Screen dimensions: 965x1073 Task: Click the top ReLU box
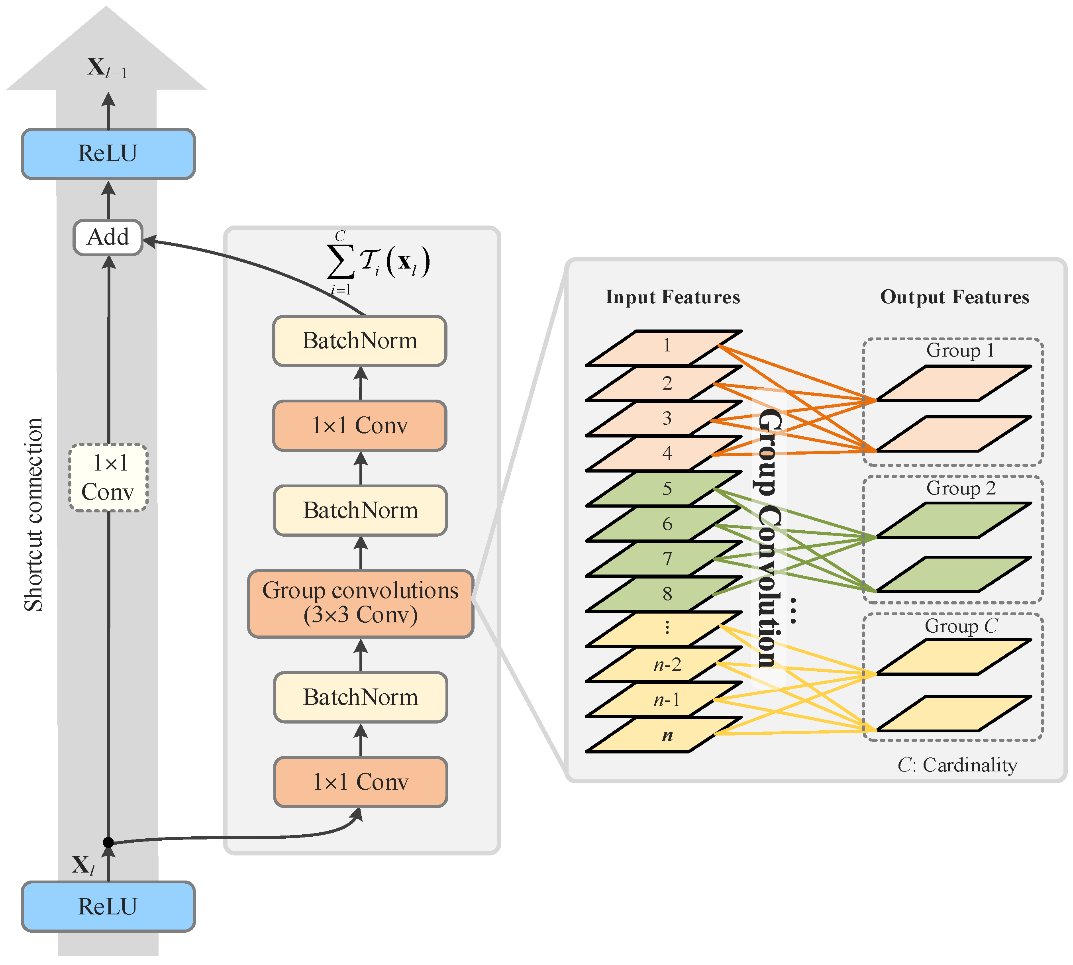[x=108, y=154]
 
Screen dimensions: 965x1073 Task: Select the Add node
[x=108, y=237]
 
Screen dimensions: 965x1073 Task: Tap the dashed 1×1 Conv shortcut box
[x=108, y=478]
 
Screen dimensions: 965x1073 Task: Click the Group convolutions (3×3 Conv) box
[x=361, y=603]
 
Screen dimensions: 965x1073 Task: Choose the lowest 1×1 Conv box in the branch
[x=361, y=782]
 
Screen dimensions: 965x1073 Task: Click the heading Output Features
[x=954, y=297]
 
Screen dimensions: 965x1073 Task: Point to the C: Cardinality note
[x=957, y=765]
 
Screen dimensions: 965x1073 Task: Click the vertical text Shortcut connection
[x=33, y=514]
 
